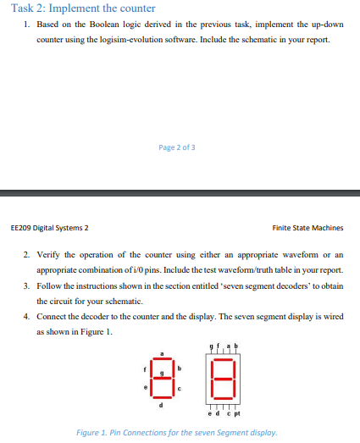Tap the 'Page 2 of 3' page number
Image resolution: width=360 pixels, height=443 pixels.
tap(177, 147)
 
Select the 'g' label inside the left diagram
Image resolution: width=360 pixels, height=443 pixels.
tap(162, 373)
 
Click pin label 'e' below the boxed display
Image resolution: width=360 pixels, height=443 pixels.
tap(209, 413)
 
